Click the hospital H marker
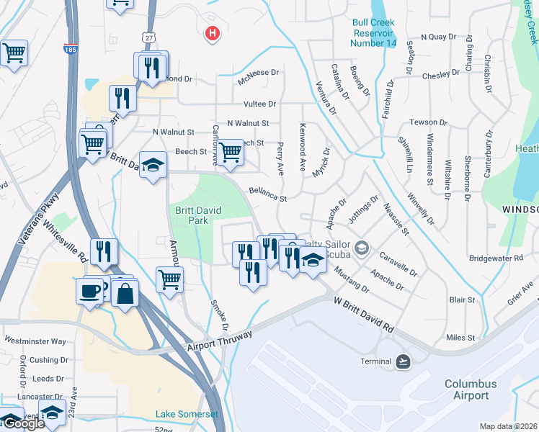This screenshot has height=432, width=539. [x=212, y=33]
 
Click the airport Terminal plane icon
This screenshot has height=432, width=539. [x=403, y=361]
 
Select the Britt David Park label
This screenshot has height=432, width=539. [x=197, y=216]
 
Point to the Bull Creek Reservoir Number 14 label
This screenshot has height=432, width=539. [x=374, y=32]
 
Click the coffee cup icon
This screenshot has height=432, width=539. [x=90, y=291]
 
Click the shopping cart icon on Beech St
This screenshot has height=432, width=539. [x=230, y=152]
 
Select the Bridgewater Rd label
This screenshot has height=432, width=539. [x=495, y=257]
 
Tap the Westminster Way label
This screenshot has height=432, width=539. [x=35, y=341]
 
